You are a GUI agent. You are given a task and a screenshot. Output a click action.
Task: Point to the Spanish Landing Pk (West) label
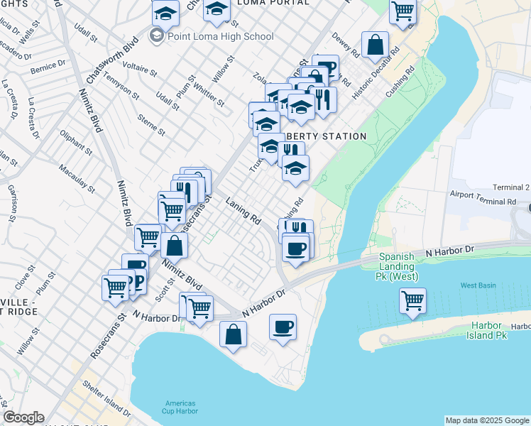pyautogui.click(x=408, y=266)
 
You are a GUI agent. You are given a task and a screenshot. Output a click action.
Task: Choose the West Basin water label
pyautogui.click(x=478, y=285)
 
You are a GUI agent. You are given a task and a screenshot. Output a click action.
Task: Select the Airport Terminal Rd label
pyautogui.click(x=482, y=202)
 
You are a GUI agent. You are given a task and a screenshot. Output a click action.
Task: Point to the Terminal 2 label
pyautogui.click(x=512, y=187)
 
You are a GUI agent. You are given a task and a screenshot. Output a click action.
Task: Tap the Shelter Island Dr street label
pyautogui.click(x=107, y=398)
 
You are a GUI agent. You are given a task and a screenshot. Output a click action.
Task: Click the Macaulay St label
pyautogui.click(x=77, y=177)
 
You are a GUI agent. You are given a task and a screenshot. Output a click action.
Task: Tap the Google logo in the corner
pyautogui.click(x=23, y=417)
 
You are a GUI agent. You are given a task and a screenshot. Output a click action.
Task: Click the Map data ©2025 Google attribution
pyautogui.click(x=487, y=420)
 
